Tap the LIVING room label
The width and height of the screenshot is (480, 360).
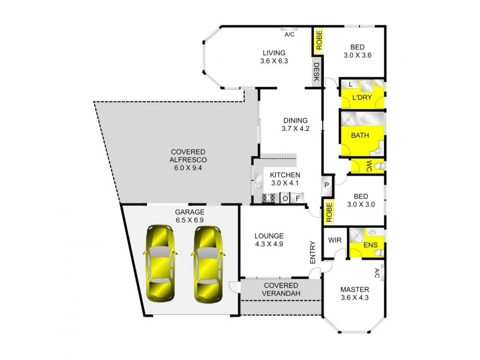click(x=273, y=53)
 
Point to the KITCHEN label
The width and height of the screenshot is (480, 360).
click(x=285, y=175)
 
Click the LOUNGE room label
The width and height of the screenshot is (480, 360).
click(x=268, y=236)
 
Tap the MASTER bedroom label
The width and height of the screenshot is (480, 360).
click(x=353, y=289)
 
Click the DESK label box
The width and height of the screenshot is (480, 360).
click(x=316, y=73)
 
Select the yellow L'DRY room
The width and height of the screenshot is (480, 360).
click(x=361, y=98)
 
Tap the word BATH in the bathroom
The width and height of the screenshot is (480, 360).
click(x=360, y=136)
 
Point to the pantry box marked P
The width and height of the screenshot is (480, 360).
click(x=328, y=184)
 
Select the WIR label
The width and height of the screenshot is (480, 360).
click(x=334, y=239)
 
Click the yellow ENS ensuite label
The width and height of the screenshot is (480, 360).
click(x=370, y=245)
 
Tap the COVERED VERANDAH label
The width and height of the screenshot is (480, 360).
click(x=280, y=289)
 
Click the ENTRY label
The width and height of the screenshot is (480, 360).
click(x=312, y=253)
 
